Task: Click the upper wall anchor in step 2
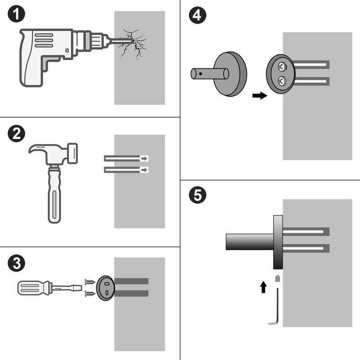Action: point(126,158)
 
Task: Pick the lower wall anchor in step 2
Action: point(126,170)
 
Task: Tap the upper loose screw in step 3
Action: point(90,282)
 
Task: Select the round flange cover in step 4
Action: point(230,73)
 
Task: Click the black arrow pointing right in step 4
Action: point(258,95)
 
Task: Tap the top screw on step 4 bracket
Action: point(281,67)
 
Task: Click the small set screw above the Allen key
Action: point(278,278)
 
